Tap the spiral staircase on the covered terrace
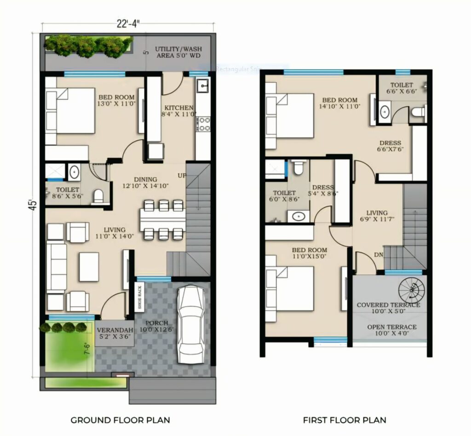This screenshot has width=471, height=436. (412, 290)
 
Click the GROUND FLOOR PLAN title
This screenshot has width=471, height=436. (120, 420)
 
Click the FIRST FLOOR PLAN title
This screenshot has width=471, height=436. (345, 420)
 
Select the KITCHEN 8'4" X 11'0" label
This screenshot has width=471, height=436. (178, 111)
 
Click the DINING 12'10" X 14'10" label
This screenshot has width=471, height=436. (145, 183)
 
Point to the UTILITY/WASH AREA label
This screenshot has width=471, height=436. (178, 52)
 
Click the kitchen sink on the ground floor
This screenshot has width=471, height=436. (203, 86)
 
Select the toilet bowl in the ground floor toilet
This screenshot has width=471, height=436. (98, 197)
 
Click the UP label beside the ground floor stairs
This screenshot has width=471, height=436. (182, 176)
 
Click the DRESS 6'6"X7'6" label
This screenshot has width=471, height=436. (390, 146)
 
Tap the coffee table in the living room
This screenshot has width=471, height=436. (89, 267)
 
